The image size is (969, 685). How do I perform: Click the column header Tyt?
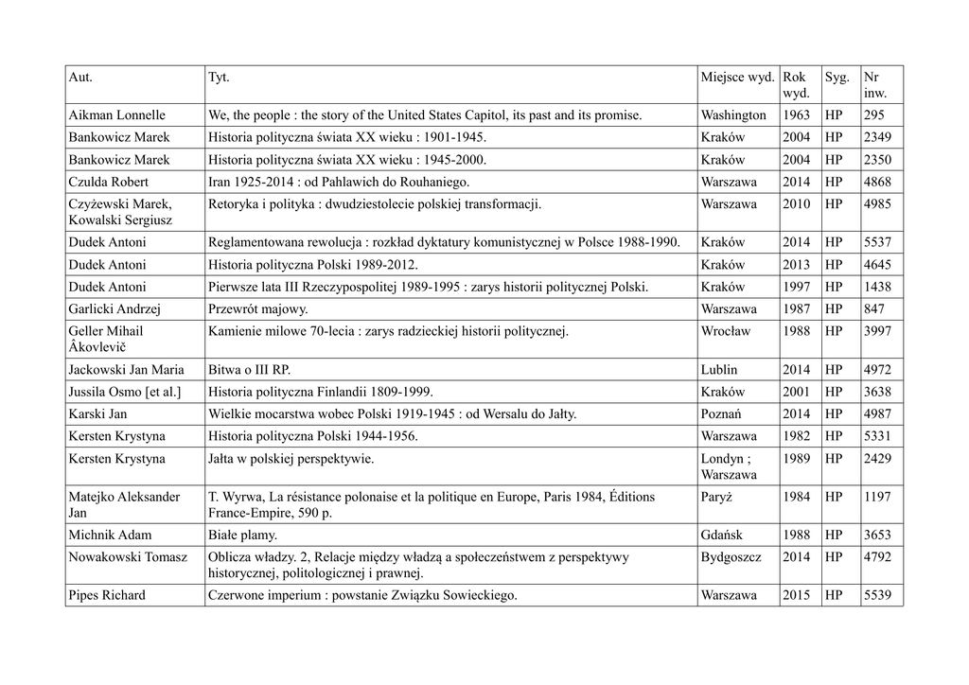coord(218,76)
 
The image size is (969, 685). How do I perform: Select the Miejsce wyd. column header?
coord(737,76)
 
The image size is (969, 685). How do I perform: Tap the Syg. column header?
coord(837,76)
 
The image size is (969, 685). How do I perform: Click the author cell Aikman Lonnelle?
coord(116,115)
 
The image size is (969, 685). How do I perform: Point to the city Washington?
coord(733,115)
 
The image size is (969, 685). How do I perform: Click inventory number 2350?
coord(877,160)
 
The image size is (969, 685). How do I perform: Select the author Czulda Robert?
coord(108,182)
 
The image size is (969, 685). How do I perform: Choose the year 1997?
coord(796,287)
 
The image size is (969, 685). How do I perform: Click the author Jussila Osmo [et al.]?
coord(124,392)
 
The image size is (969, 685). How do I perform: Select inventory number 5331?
coord(877,436)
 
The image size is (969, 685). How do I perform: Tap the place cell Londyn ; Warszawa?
coord(729,466)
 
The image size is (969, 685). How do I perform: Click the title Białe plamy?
coord(241,535)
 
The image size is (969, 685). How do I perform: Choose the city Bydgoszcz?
coord(731,556)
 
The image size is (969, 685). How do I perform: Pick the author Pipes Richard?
coord(107,595)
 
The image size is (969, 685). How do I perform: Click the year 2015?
coord(796,595)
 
